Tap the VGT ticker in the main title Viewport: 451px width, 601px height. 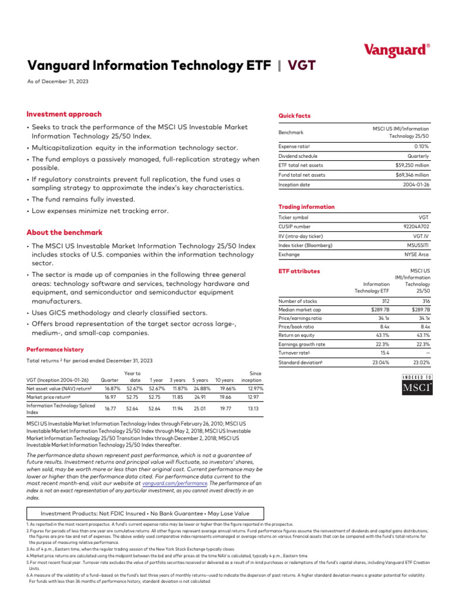click(x=301, y=65)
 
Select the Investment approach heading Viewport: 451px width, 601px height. click(x=64, y=114)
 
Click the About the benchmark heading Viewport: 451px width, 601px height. click(x=65, y=232)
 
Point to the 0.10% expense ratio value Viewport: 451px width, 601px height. click(x=421, y=146)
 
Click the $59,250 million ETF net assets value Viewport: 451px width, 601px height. click(x=412, y=166)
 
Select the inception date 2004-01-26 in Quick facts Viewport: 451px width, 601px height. click(x=415, y=185)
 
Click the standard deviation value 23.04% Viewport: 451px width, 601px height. click(x=379, y=363)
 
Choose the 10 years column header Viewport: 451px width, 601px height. click(x=224, y=380)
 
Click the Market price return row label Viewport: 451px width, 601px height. click(x=51, y=397)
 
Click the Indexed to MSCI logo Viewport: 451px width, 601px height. click(x=417, y=384)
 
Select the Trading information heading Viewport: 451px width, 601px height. click(x=306, y=207)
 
